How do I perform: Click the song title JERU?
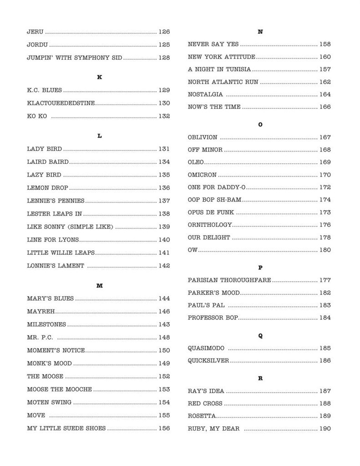(x=35, y=32)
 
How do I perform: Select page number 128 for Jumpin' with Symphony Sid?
(x=164, y=58)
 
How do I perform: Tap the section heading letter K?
(x=100, y=77)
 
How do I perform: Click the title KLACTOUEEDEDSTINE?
(x=61, y=103)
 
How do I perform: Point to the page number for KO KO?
(x=164, y=116)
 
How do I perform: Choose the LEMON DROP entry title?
(x=47, y=187)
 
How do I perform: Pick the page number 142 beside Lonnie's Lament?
(x=164, y=266)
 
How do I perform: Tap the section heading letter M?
(x=100, y=285)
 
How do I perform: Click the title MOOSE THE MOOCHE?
(x=60, y=389)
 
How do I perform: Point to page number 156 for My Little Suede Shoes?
(x=164, y=428)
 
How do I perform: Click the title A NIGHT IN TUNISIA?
(x=219, y=70)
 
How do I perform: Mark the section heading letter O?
(x=260, y=124)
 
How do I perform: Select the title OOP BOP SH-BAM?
(x=214, y=200)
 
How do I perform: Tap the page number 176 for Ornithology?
(x=325, y=225)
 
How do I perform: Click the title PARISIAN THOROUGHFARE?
(x=229, y=280)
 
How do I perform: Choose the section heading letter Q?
(x=260, y=336)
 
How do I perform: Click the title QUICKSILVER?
(x=208, y=361)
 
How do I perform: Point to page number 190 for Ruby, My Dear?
(x=325, y=429)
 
